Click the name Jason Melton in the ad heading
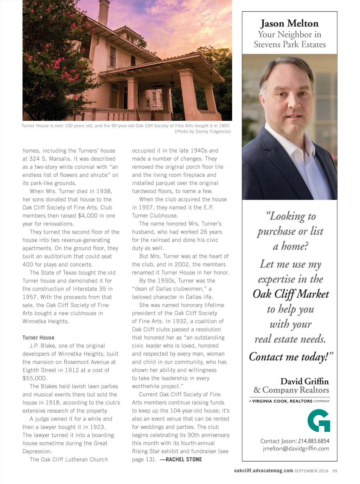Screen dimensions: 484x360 [x=289, y=24]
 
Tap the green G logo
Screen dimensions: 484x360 [x=319, y=420]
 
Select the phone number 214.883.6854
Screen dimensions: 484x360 [x=314, y=441]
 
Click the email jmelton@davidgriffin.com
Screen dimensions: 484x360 [x=296, y=448]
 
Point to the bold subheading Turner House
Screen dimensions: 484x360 [x=38, y=338]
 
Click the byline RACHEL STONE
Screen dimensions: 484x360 [x=184, y=459]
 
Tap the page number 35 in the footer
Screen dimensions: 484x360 [x=335, y=471]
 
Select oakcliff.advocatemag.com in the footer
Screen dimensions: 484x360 [x=263, y=471]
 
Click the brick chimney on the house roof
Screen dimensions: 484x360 [x=104, y=12]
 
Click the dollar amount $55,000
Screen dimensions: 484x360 [x=34, y=378]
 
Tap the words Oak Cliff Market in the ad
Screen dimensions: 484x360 [x=291, y=294]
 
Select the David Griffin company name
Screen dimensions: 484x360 [x=304, y=382]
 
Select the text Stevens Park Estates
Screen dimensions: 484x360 [x=290, y=45]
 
